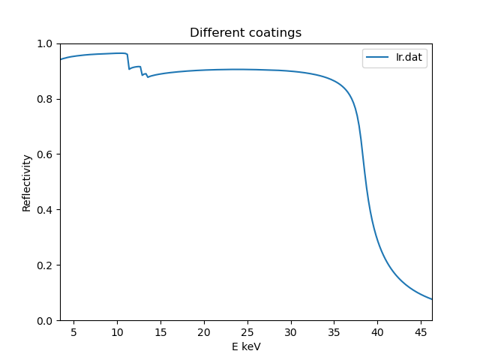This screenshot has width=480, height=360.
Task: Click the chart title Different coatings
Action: (x=245, y=33)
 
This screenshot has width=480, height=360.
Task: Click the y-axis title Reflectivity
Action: (x=27, y=182)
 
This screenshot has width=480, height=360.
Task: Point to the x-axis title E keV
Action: (x=245, y=346)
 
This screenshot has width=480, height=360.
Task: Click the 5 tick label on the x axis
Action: (x=73, y=331)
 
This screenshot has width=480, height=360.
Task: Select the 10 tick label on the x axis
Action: (x=117, y=331)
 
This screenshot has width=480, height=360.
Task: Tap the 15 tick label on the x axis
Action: (x=160, y=331)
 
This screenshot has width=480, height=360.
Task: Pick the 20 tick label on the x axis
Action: (x=204, y=331)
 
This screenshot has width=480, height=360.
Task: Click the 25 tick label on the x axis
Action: (x=247, y=331)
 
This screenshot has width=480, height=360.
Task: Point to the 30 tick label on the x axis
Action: (x=290, y=331)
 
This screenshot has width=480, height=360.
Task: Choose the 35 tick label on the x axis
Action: (x=334, y=331)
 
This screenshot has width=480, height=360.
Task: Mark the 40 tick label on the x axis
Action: (x=377, y=331)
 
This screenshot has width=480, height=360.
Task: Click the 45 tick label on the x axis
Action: (x=421, y=331)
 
